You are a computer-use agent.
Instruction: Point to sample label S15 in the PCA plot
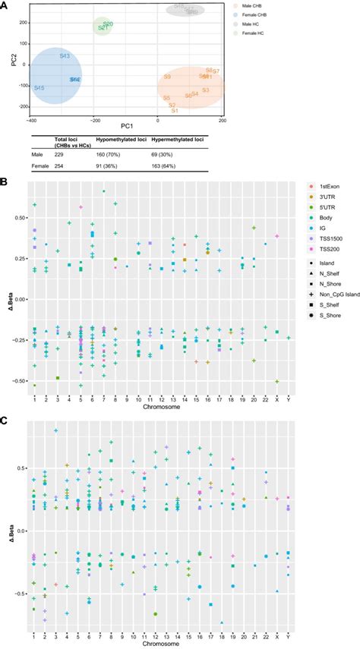point(39,88)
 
